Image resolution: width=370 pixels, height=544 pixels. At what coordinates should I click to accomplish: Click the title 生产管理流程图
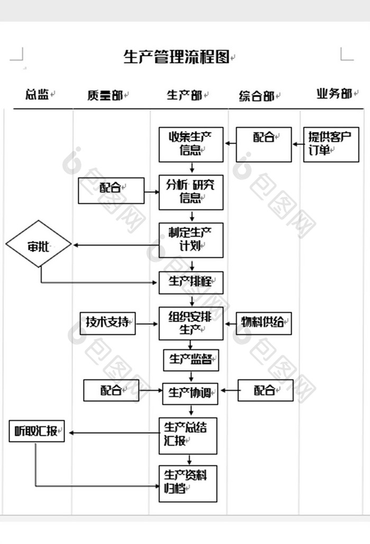click(x=177, y=57)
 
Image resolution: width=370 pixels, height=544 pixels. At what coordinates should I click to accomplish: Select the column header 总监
click(x=37, y=95)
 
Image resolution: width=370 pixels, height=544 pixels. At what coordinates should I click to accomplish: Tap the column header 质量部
click(x=105, y=96)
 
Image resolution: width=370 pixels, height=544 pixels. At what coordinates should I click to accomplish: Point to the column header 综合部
click(x=256, y=96)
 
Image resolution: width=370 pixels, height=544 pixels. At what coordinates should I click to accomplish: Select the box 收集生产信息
click(x=191, y=144)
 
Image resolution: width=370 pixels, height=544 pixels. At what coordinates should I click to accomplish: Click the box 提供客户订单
click(x=330, y=144)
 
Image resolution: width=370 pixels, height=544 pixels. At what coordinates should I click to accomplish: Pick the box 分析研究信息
click(x=191, y=192)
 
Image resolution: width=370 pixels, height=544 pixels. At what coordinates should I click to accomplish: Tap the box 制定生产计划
click(x=191, y=240)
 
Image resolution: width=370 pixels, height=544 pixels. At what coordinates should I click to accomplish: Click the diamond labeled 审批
click(x=39, y=245)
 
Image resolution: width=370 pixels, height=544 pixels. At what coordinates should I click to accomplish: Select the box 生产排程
click(x=191, y=283)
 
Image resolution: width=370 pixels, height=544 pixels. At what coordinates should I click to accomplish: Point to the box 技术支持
click(x=107, y=322)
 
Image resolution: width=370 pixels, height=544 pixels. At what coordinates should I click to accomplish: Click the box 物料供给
click(x=263, y=322)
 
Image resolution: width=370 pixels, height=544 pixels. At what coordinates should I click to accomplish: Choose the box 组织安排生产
click(x=191, y=323)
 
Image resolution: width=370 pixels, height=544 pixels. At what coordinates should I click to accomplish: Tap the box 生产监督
click(x=191, y=360)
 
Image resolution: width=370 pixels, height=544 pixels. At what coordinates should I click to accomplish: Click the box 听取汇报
click(x=37, y=432)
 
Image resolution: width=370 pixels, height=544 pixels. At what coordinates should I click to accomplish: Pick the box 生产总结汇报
click(x=188, y=435)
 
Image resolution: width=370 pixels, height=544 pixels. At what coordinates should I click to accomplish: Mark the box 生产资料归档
click(x=188, y=483)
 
